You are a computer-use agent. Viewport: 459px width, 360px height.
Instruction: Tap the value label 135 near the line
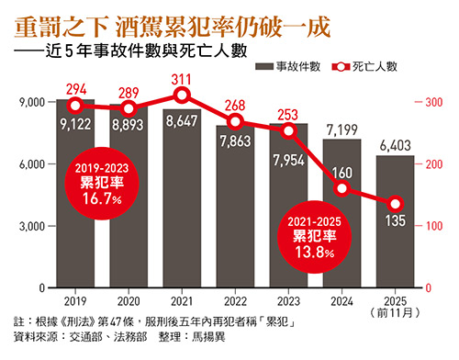pyautogui.click(x=396, y=220)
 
